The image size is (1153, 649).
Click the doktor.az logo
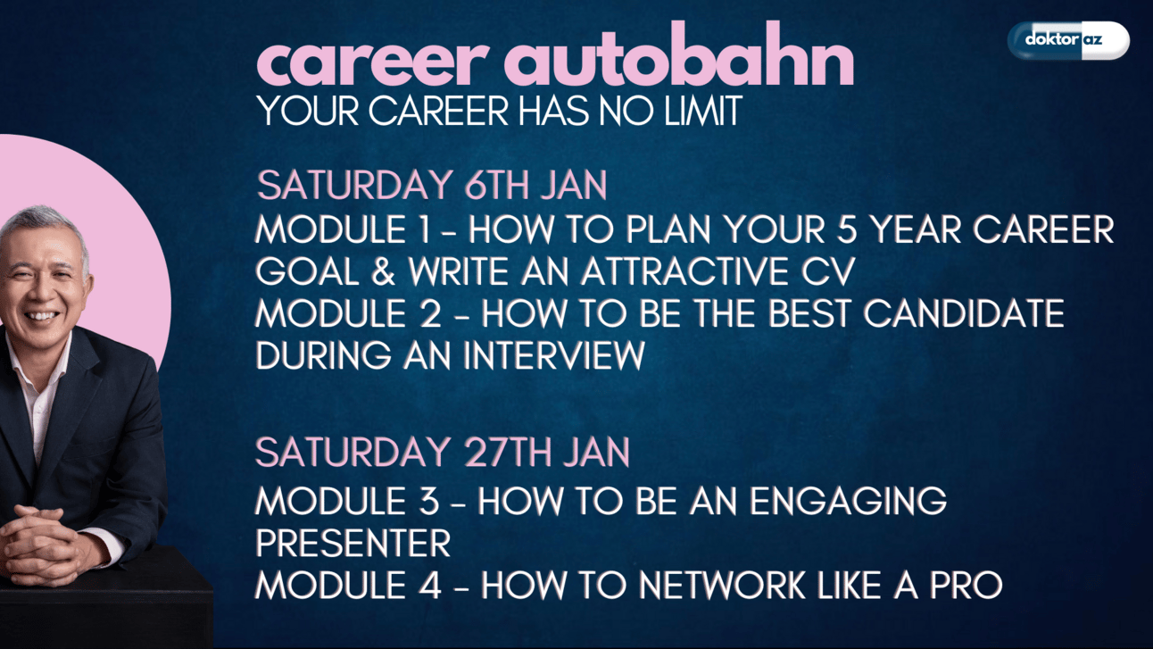click(x=1068, y=40)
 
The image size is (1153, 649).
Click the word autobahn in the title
click(x=679, y=54)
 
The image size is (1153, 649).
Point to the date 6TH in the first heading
click(x=495, y=185)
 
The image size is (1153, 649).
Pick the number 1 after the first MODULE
click(x=424, y=229)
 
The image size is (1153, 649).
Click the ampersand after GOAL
click(x=383, y=271)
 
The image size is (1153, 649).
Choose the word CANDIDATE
click(x=964, y=313)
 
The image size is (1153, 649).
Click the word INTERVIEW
click(x=554, y=355)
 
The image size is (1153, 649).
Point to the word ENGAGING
click(x=848, y=500)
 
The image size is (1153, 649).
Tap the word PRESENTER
click(x=353, y=543)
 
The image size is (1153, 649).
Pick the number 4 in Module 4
click(x=430, y=585)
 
